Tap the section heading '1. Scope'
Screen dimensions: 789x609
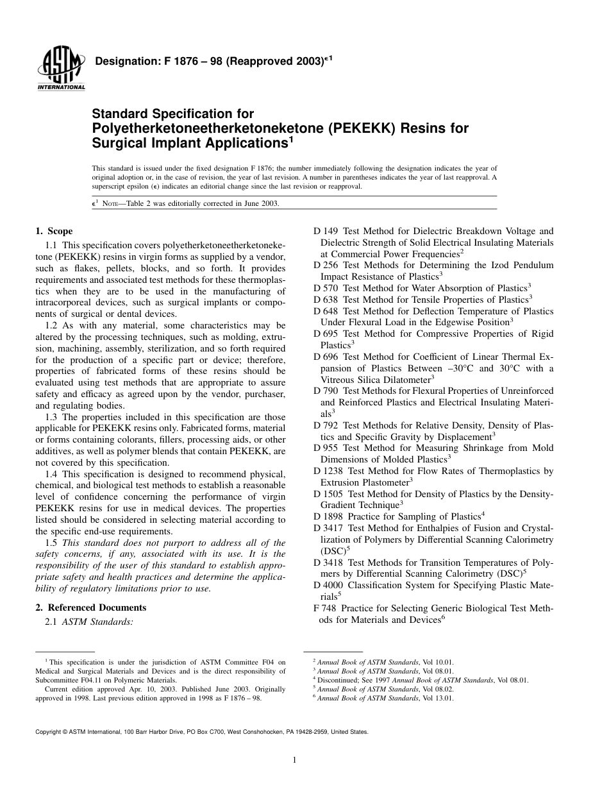54,231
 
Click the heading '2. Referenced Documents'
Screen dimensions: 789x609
90,607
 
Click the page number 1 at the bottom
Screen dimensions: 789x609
294,760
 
